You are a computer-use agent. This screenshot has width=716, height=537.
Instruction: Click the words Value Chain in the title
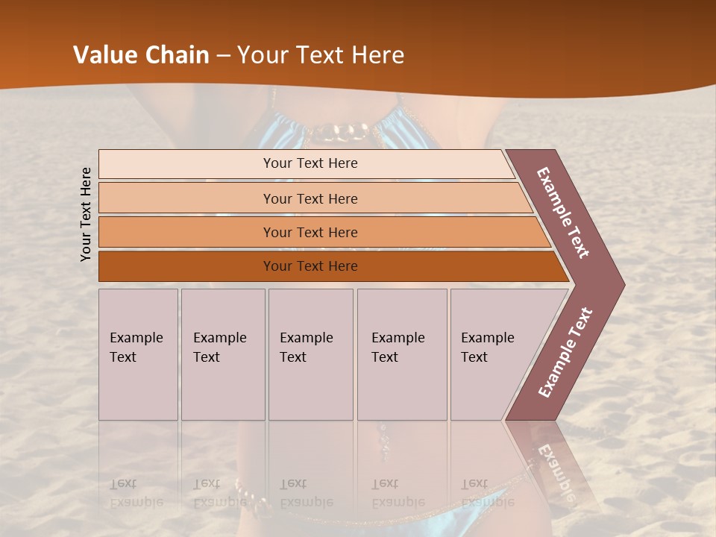point(141,55)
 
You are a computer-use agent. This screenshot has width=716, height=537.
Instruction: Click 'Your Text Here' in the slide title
point(321,55)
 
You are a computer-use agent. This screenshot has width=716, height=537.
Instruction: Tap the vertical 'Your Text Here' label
point(86,214)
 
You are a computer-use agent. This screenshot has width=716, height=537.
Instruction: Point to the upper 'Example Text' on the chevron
point(563,213)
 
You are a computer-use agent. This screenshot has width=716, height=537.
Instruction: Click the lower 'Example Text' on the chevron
point(565,352)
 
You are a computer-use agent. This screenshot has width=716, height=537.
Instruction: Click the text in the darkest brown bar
point(310,266)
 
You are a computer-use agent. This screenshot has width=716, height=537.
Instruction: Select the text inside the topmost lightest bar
point(310,163)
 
